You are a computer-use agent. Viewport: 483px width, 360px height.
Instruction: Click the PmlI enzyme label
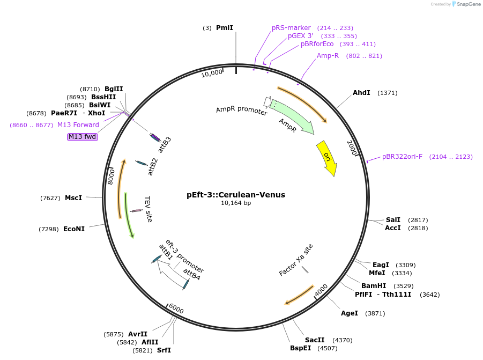pos(225,28)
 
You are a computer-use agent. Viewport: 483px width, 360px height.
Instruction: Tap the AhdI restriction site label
pos(361,93)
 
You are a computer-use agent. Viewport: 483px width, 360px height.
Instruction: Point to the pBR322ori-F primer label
pos(402,157)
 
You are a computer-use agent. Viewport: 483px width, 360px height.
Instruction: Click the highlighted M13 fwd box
pos(82,137)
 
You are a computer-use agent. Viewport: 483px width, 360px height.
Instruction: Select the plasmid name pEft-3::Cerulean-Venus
pos(236,195)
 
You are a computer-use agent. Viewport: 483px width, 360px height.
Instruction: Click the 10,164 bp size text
pos(236,203)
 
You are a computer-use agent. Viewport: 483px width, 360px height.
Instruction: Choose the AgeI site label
pos(350,313)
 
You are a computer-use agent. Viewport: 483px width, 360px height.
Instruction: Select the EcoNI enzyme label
pos(74,229)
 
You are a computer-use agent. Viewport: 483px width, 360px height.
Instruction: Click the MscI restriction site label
pos(73,198)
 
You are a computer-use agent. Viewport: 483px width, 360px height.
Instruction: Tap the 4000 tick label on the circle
pos(321,290)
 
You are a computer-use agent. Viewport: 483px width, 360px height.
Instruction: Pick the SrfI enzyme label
pos(164,350)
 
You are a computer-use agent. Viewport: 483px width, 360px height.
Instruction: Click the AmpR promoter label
pos(242,111)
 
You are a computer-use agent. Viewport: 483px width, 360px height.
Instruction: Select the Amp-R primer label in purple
pos(328,56)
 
